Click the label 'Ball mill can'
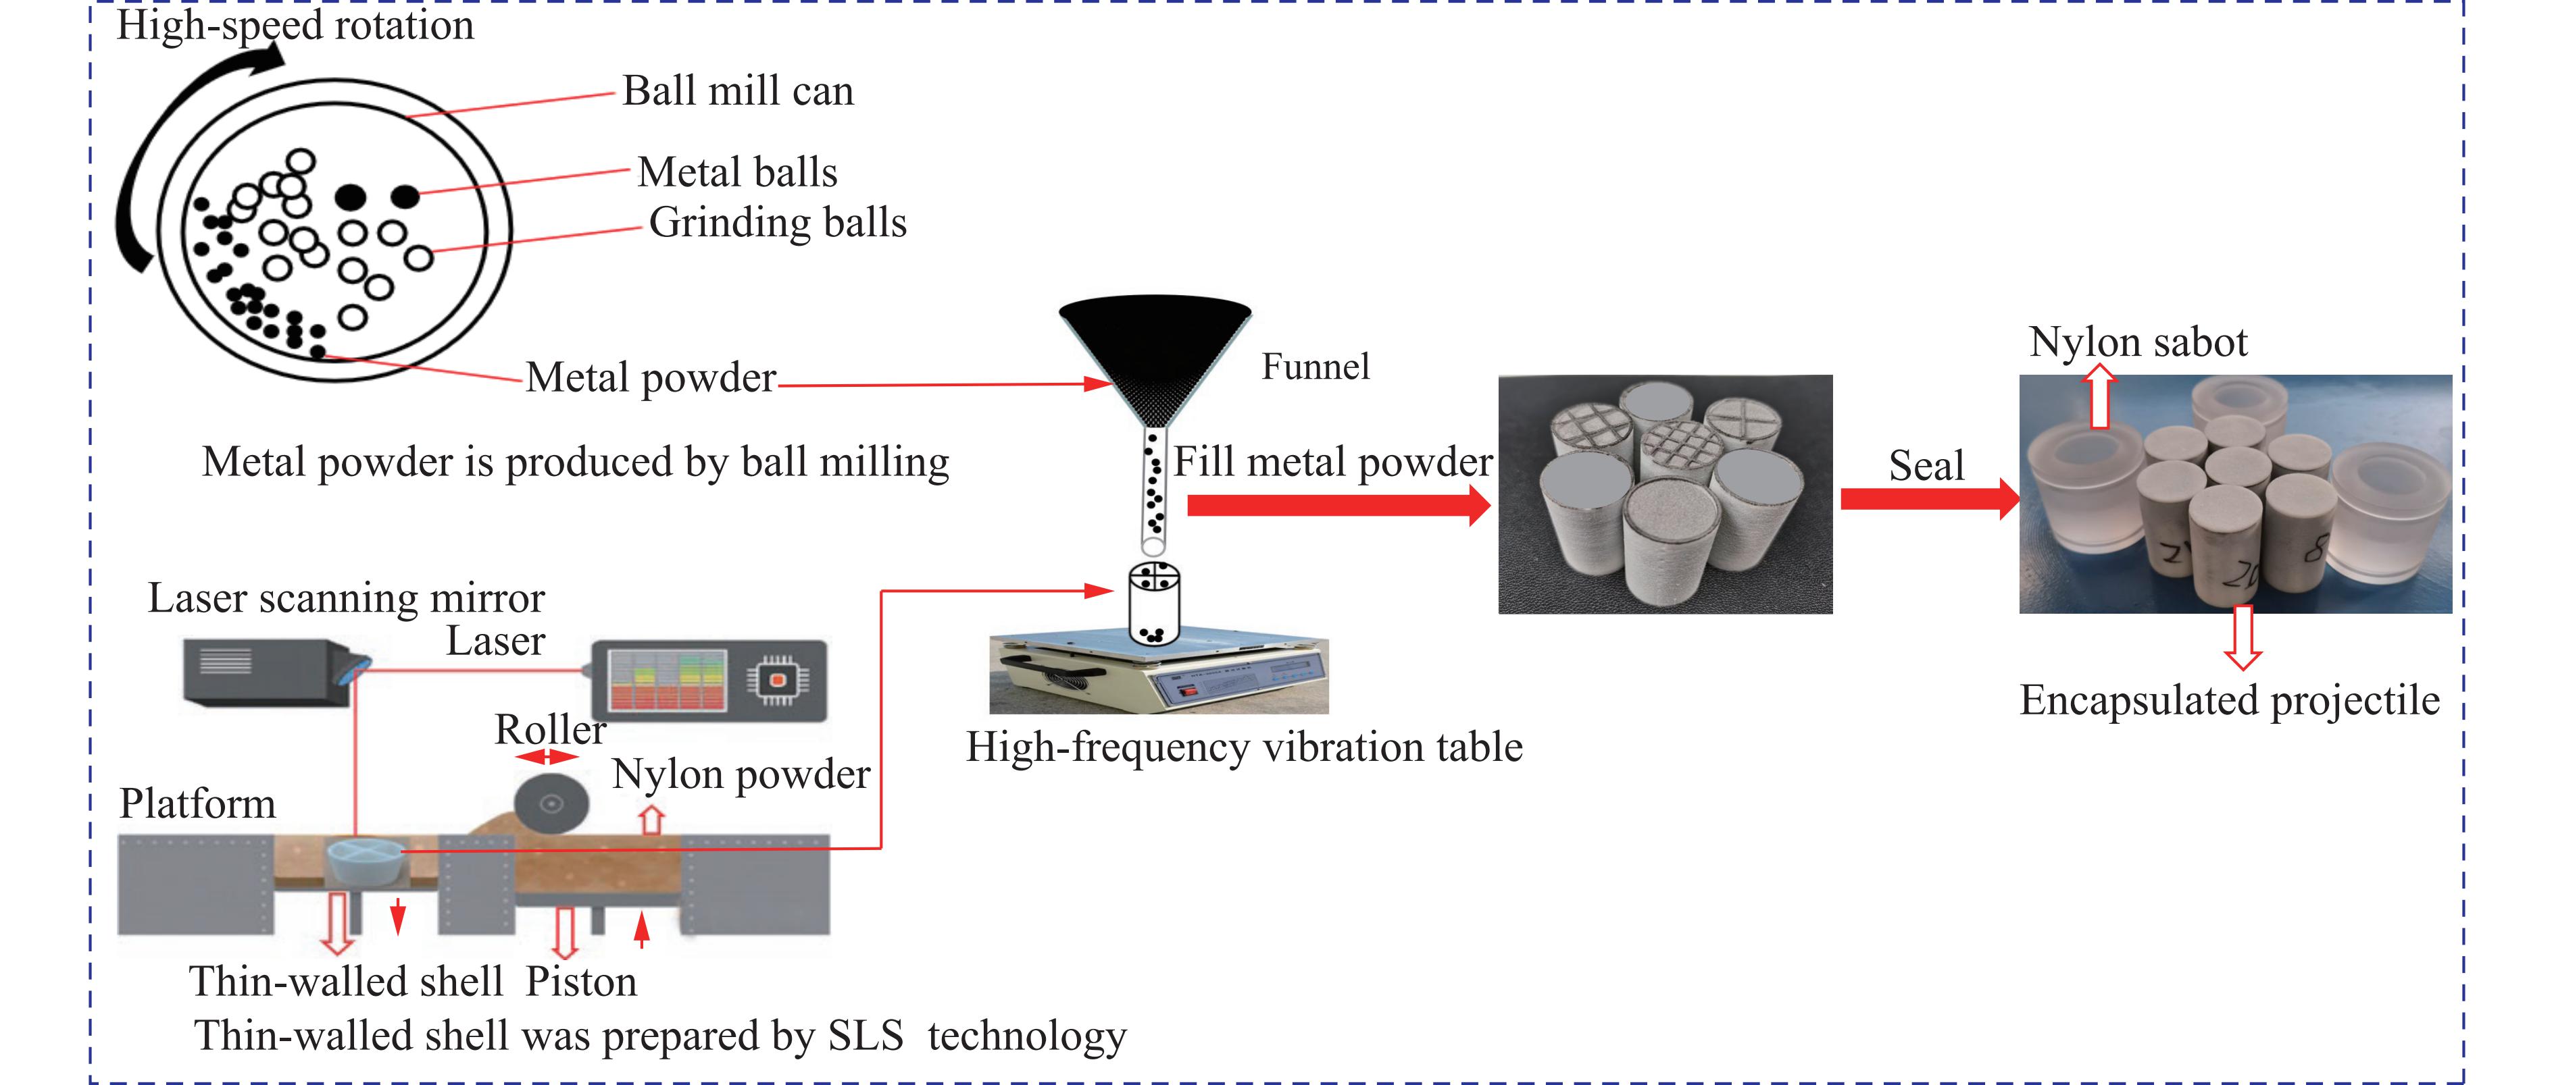(x=738, y=91)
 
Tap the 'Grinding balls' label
(x=777, y=223)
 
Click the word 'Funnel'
(x=1315, y=367)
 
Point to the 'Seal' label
(x=1926, y=465)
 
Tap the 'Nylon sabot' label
(x=2138, y=342)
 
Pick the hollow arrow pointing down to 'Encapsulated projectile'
(x=2243, y=637)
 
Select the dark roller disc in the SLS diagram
(x=552, y=803)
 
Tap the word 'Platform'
(x=197, y=803)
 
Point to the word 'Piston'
(x=581, y=982)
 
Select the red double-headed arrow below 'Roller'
(x=547, y=757)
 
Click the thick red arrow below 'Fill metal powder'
(x=1338, y=505)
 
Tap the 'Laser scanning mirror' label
(x=346, y=598)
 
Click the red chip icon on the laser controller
(x=777, y=680)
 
